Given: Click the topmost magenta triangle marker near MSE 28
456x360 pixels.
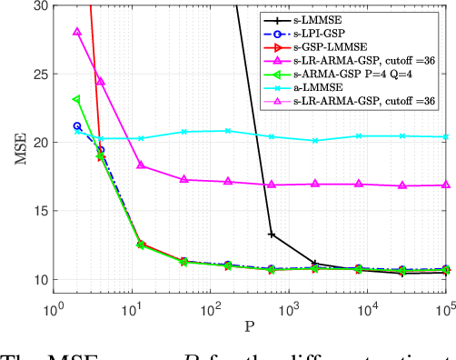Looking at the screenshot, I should pos(77,32).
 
